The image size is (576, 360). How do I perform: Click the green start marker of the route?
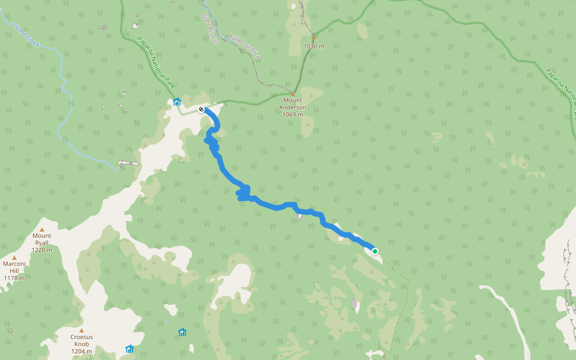(375, 251)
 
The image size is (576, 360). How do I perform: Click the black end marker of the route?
(201, 109)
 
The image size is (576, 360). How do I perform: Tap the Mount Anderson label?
(293, 104)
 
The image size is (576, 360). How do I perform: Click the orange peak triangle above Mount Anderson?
(293, 94)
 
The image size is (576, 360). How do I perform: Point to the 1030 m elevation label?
(314, 46)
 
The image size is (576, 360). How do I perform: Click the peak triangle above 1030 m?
(313, 37)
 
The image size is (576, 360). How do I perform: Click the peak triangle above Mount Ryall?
(42, 229)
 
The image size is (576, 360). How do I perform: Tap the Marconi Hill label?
(14, 267)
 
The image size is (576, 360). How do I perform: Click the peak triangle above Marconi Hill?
(14, 257)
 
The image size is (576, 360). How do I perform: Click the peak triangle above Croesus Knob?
(81, 330)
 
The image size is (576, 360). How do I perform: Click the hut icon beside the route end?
(177, 101)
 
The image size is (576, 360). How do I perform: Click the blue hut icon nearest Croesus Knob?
(130, 349)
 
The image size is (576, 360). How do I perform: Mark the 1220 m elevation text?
(41, 250)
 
